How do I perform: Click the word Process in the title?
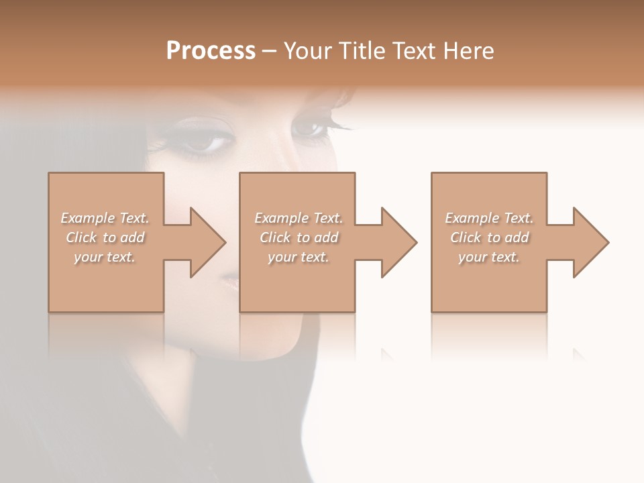[x=211, y=51]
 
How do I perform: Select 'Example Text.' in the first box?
[x=105, y=218]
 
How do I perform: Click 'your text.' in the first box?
[x=105, y=257]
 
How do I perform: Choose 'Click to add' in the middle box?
[x=299, y=237]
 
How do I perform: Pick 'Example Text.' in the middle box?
[x=299, y=218]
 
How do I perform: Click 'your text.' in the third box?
[x=488, y=257]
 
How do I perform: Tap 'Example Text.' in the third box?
[x=489, y=218]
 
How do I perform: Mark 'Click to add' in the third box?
[x=489, y=237]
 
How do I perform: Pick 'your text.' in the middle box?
[x=298, y=257]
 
